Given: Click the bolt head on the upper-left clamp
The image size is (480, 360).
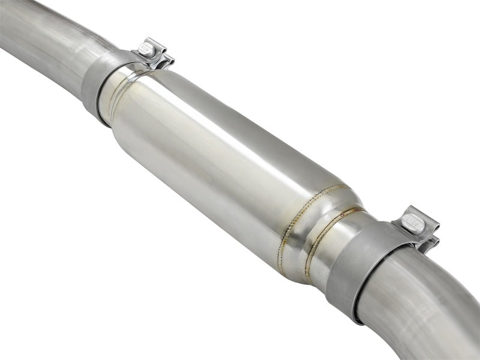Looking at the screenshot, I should [x=146, y=47].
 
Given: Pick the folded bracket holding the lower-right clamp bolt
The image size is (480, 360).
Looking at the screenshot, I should [x=423, y=231].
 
